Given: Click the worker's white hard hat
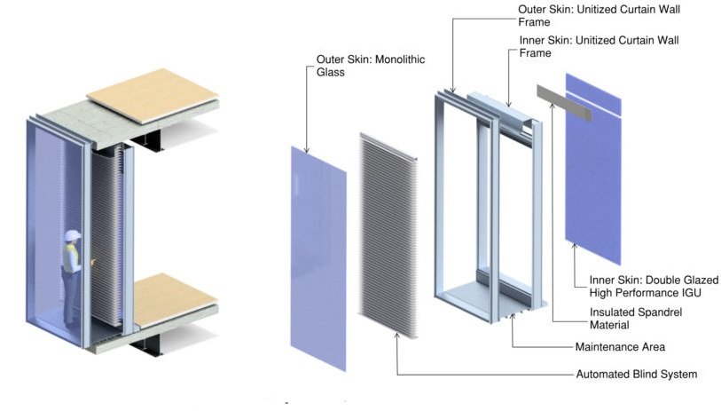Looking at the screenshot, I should click(x=72, y=235).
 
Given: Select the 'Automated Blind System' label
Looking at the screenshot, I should click(x=636, y=374).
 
